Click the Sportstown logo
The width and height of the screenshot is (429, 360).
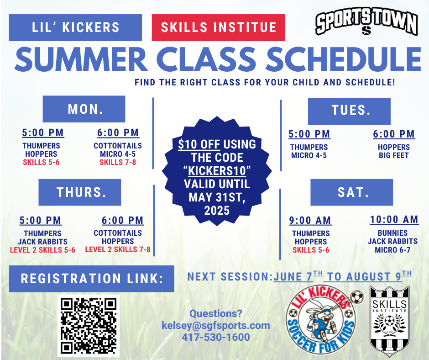point(366,24)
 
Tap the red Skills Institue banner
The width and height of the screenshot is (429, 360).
point(218,28)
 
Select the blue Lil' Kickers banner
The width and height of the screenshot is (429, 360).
point(75,28)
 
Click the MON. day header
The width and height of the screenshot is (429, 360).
point(84,109)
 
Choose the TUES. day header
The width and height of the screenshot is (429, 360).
point(349,111)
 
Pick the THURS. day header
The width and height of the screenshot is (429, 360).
point(79,192)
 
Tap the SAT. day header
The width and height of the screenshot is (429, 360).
point(351,192)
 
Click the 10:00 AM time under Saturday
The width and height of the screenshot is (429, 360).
point(394,220)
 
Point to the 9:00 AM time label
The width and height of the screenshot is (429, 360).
point(310,220)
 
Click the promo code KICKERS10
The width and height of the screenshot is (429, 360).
point(217,171)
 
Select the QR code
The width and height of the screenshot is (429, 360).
point(89,326)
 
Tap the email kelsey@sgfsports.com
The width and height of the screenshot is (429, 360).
point(216,325)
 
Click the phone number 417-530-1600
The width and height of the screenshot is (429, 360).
point(216,337)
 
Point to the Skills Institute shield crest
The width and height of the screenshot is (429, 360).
point(389,321)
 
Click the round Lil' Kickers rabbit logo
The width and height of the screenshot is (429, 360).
point(322,321)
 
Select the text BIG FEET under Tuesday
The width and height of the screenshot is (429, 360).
point(394,155)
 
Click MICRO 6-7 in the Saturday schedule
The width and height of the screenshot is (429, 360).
point(392,250)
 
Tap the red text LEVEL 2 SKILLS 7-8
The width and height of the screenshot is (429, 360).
point(118,249)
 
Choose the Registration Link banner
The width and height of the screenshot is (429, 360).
point(92,279)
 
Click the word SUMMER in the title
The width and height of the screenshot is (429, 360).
point(81,59)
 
